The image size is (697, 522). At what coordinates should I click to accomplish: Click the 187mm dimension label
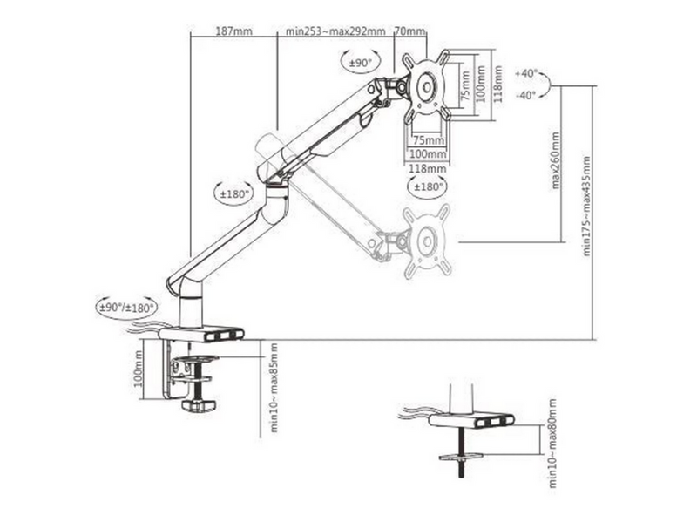(233, 31)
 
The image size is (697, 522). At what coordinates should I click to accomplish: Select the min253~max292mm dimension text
(335, 31)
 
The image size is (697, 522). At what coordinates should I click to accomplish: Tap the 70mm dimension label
(409, 31)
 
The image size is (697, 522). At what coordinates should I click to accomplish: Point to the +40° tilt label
(526, 73)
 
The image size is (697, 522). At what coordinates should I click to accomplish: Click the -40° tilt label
(526, 95)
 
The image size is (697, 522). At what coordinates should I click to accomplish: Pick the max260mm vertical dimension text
(555, 160)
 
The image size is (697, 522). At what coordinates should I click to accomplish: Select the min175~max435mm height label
(586, 206)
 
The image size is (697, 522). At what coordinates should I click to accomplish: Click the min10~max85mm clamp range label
(274, 387)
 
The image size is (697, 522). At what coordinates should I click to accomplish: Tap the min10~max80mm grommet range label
(552, 444)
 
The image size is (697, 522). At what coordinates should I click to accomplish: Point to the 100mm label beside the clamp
(139, 369)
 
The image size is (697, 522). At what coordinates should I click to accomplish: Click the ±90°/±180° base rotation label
(126, 308)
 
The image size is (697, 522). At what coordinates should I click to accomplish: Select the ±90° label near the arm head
(360, 63)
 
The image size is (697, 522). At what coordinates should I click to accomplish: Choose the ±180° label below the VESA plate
(429, 186)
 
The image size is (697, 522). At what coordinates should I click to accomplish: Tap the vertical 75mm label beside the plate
(465, 85)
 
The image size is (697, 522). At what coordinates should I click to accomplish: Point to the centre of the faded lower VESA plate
(427, 241)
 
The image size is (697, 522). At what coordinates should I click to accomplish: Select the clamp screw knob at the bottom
(199, 405)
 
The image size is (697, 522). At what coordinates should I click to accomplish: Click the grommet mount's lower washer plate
(461, 457)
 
